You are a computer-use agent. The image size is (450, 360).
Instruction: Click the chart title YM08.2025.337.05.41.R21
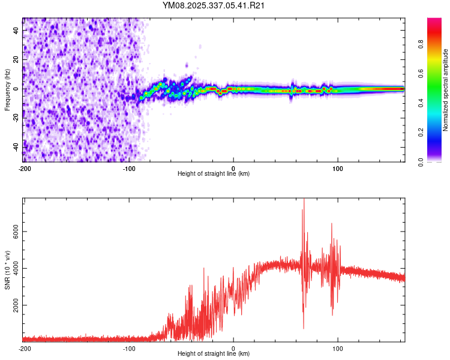(x=214, y=5)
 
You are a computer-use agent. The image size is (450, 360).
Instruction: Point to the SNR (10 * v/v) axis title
(x=7, y=270)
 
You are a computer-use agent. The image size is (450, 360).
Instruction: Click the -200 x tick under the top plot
(x=25, y=167)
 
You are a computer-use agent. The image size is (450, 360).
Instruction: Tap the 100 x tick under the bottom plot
(x=338, y=348)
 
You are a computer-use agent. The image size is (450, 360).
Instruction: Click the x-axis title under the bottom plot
(x=214, y=354)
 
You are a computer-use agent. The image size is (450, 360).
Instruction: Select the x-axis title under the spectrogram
(x=214, y=173)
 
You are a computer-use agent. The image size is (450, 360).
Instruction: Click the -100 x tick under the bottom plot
(x=129, y=348)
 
